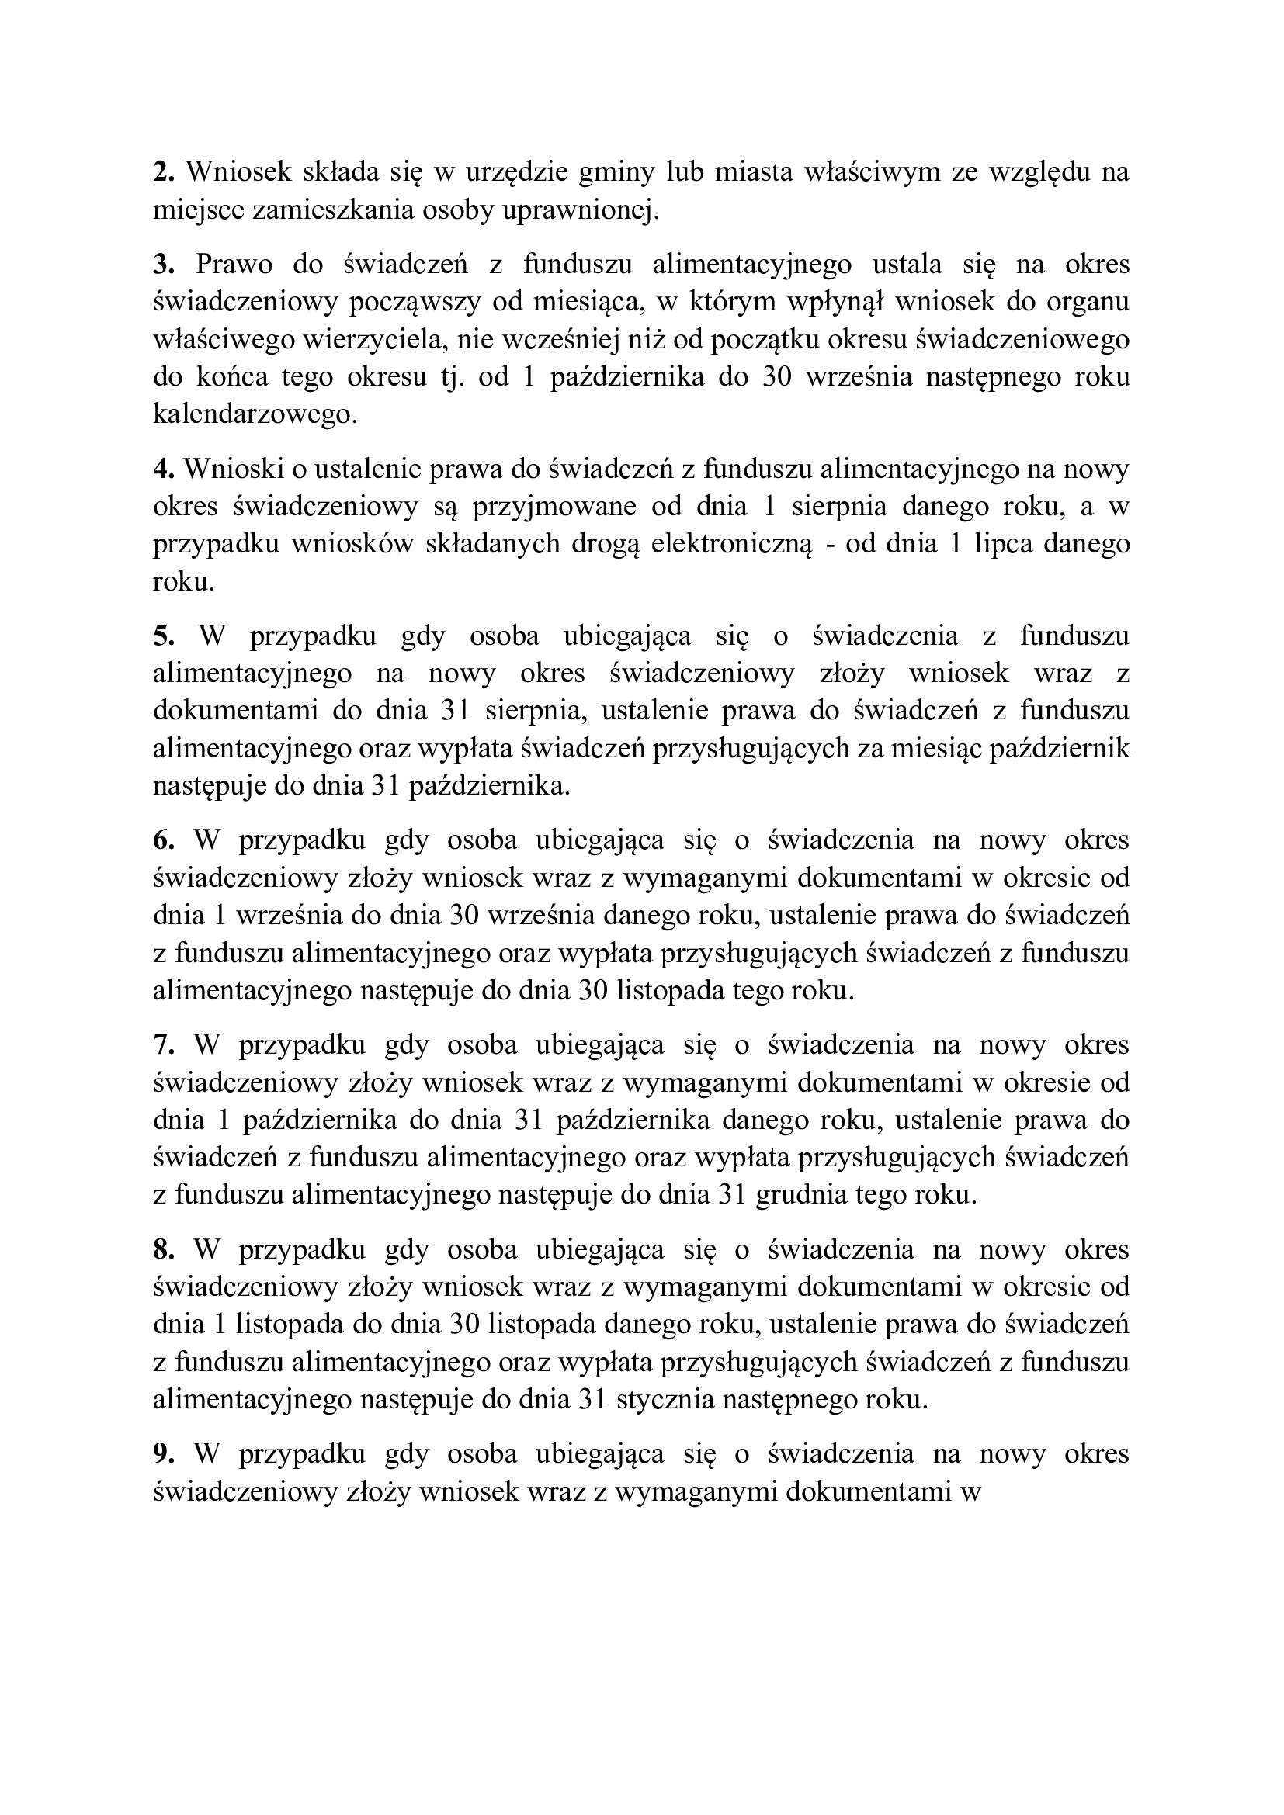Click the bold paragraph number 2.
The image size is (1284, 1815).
163,171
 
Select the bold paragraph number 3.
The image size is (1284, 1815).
163,264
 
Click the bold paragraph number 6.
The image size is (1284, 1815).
163,840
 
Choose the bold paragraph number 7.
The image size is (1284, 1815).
163,1045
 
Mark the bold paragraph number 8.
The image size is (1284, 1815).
163,1250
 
